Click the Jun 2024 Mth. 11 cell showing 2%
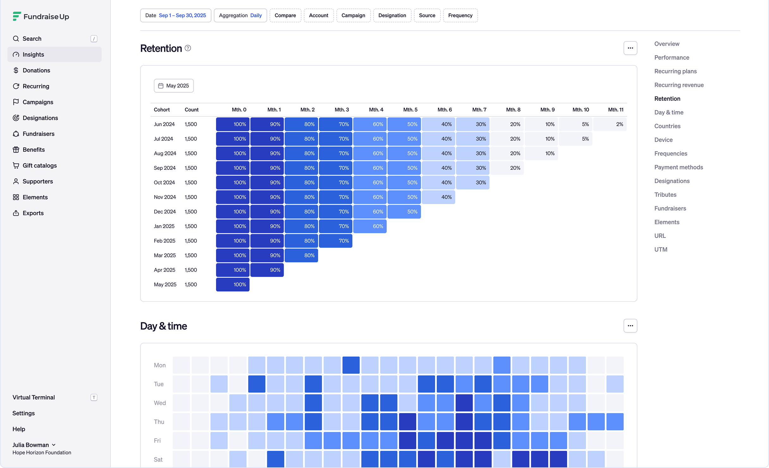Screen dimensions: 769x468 tap(610, 124)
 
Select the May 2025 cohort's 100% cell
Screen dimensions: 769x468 tap(233, 285)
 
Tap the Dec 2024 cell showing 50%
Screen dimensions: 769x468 tap(404, 212)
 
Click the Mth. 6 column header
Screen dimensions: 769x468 tap(445, 110)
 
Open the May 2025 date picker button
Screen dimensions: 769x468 tap(174, 86)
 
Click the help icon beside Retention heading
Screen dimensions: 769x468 tap(188, 48)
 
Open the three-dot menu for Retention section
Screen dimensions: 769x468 tap(630, 48)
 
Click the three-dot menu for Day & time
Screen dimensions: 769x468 tap(630, 326)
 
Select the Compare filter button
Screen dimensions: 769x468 tap(285, 15)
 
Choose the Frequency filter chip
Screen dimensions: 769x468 tap(460, 15)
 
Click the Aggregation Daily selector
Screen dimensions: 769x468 tap(240, 15)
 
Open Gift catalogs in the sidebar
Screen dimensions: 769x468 tap(40, 165)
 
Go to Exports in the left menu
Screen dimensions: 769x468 tap(33, 213)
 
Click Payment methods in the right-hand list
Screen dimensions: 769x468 tap(679, 167)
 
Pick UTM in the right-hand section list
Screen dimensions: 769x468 tap(661, 249)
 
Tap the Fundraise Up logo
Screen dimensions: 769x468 tap(41, 16)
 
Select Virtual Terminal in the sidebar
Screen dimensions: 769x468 tap(34, 397)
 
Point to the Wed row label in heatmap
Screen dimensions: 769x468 tap(160, 403)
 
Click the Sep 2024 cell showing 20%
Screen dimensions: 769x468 tap(507, 168)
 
